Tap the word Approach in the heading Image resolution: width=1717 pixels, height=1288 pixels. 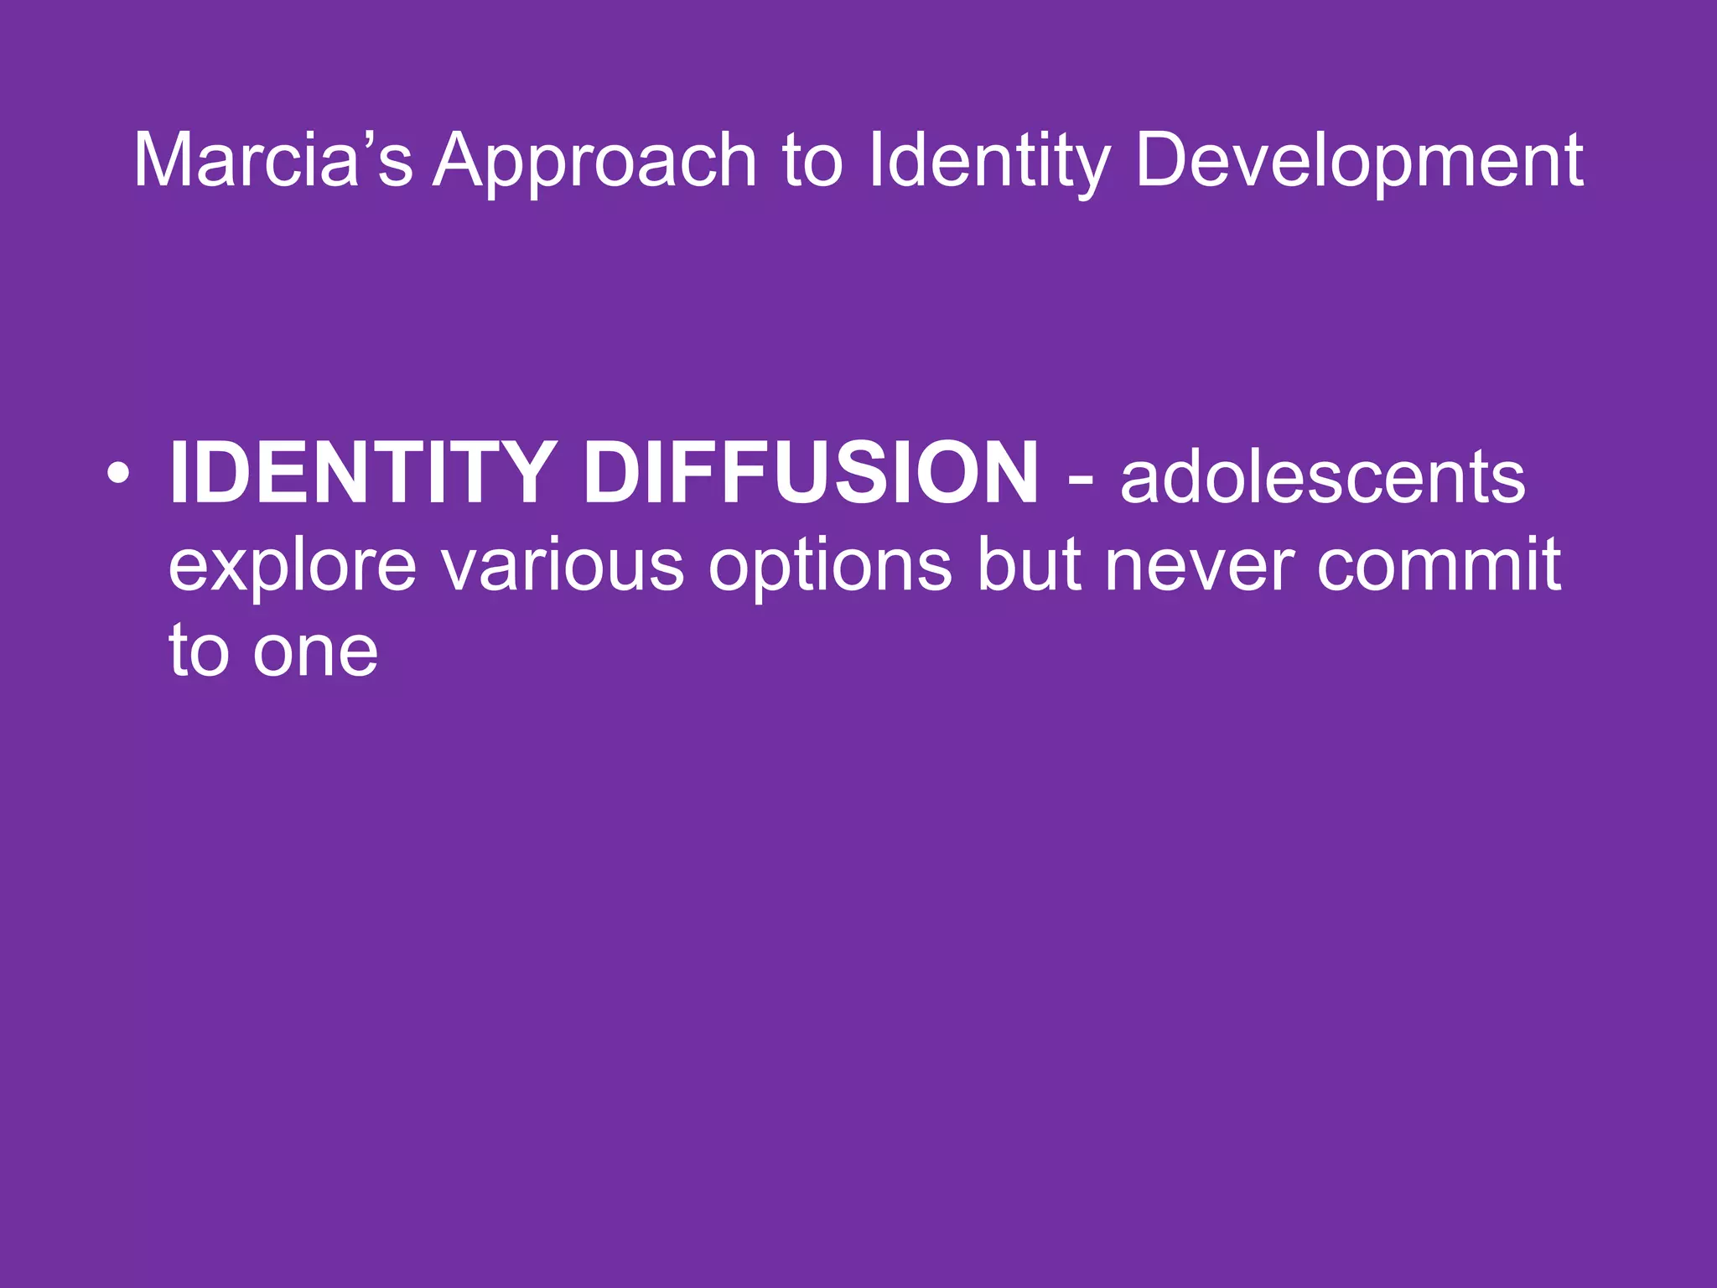tap(595, 162)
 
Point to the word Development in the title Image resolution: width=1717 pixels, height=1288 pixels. tap(1359, 162)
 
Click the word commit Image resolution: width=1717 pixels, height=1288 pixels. tap(1439, 565)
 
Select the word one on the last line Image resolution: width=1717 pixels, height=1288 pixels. tap(316, 652)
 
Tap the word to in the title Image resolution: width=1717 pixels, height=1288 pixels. tap(812, 162)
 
